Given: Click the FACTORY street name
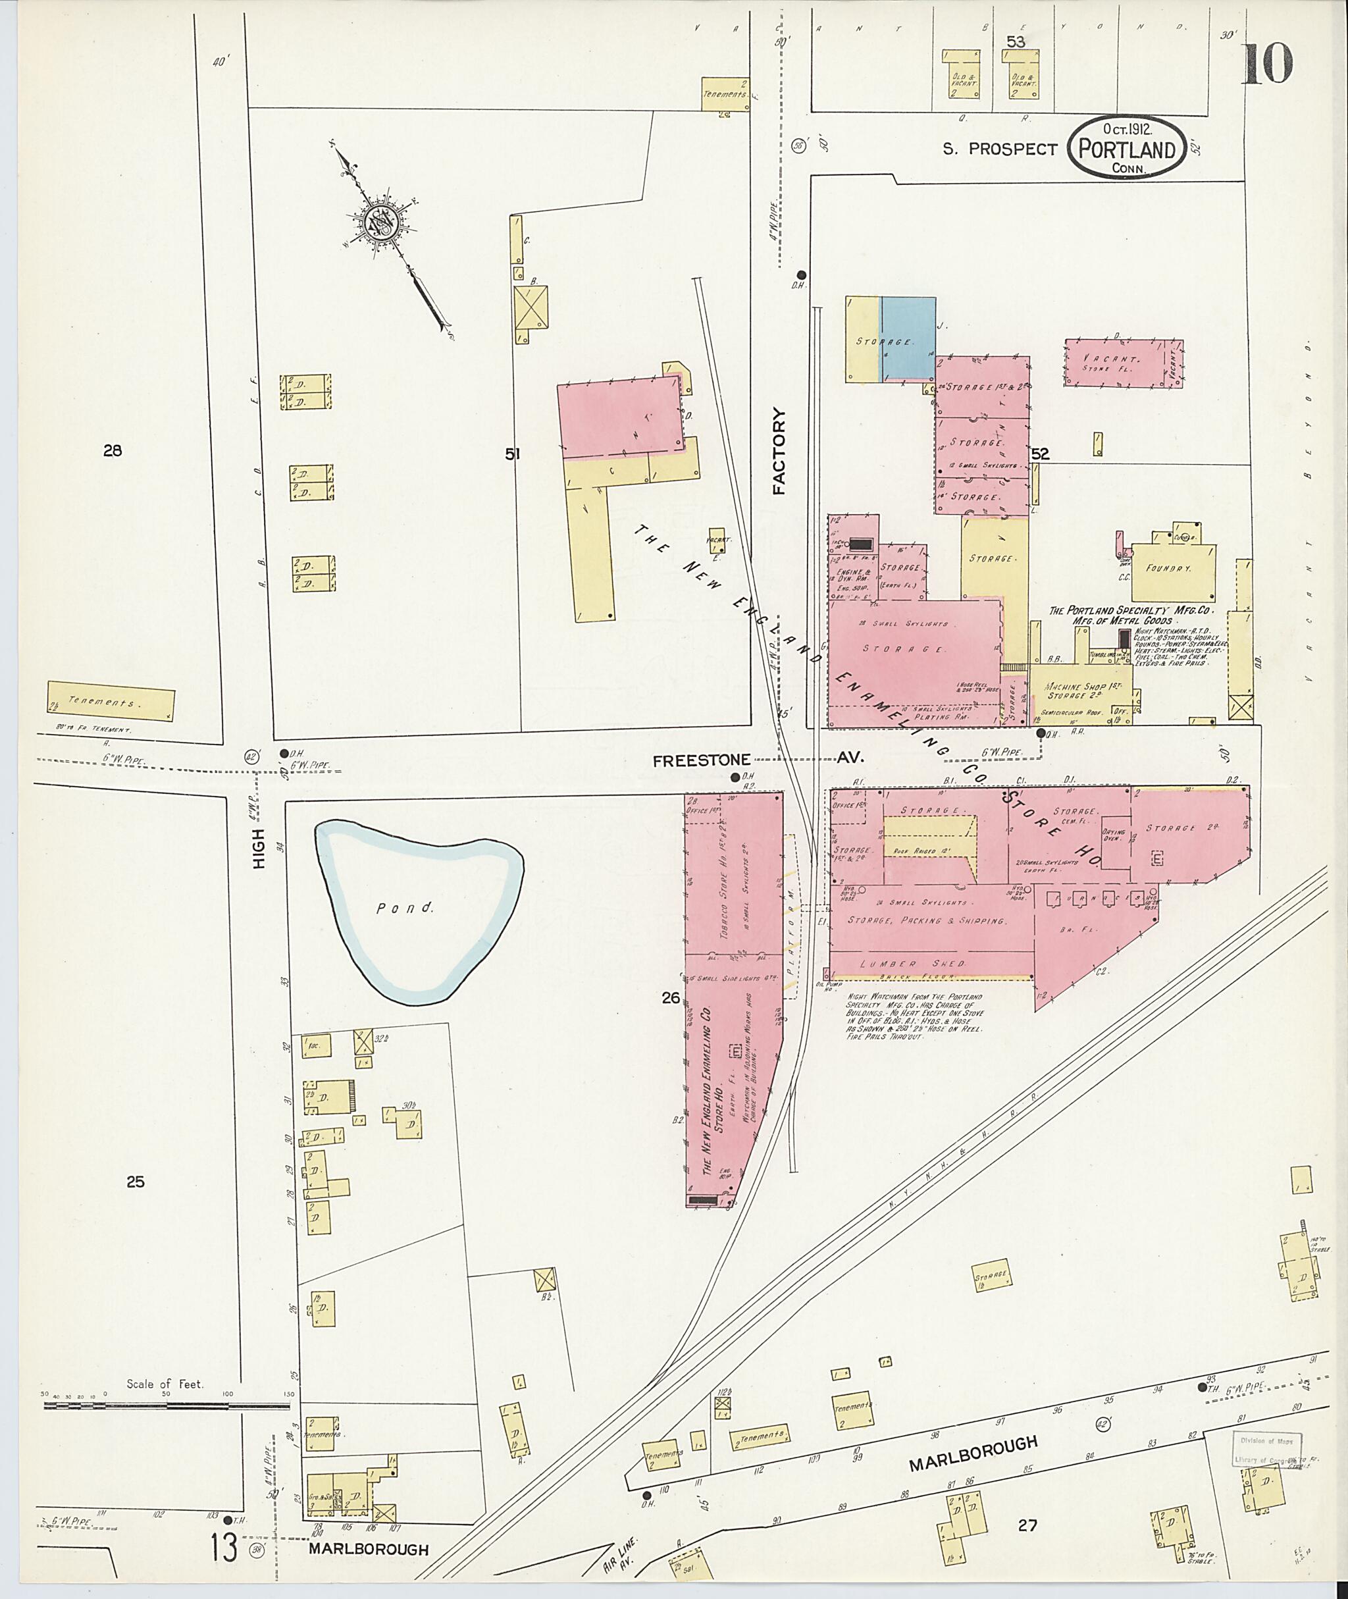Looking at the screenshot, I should coord(779,451).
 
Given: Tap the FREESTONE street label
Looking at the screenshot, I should coord(701,760).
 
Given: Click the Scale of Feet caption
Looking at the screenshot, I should coord(165,1384).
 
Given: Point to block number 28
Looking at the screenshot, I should coord(113,451).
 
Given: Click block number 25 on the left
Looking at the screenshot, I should coord(134,1182).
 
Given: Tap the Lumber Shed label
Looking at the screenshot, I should coord(912,964).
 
